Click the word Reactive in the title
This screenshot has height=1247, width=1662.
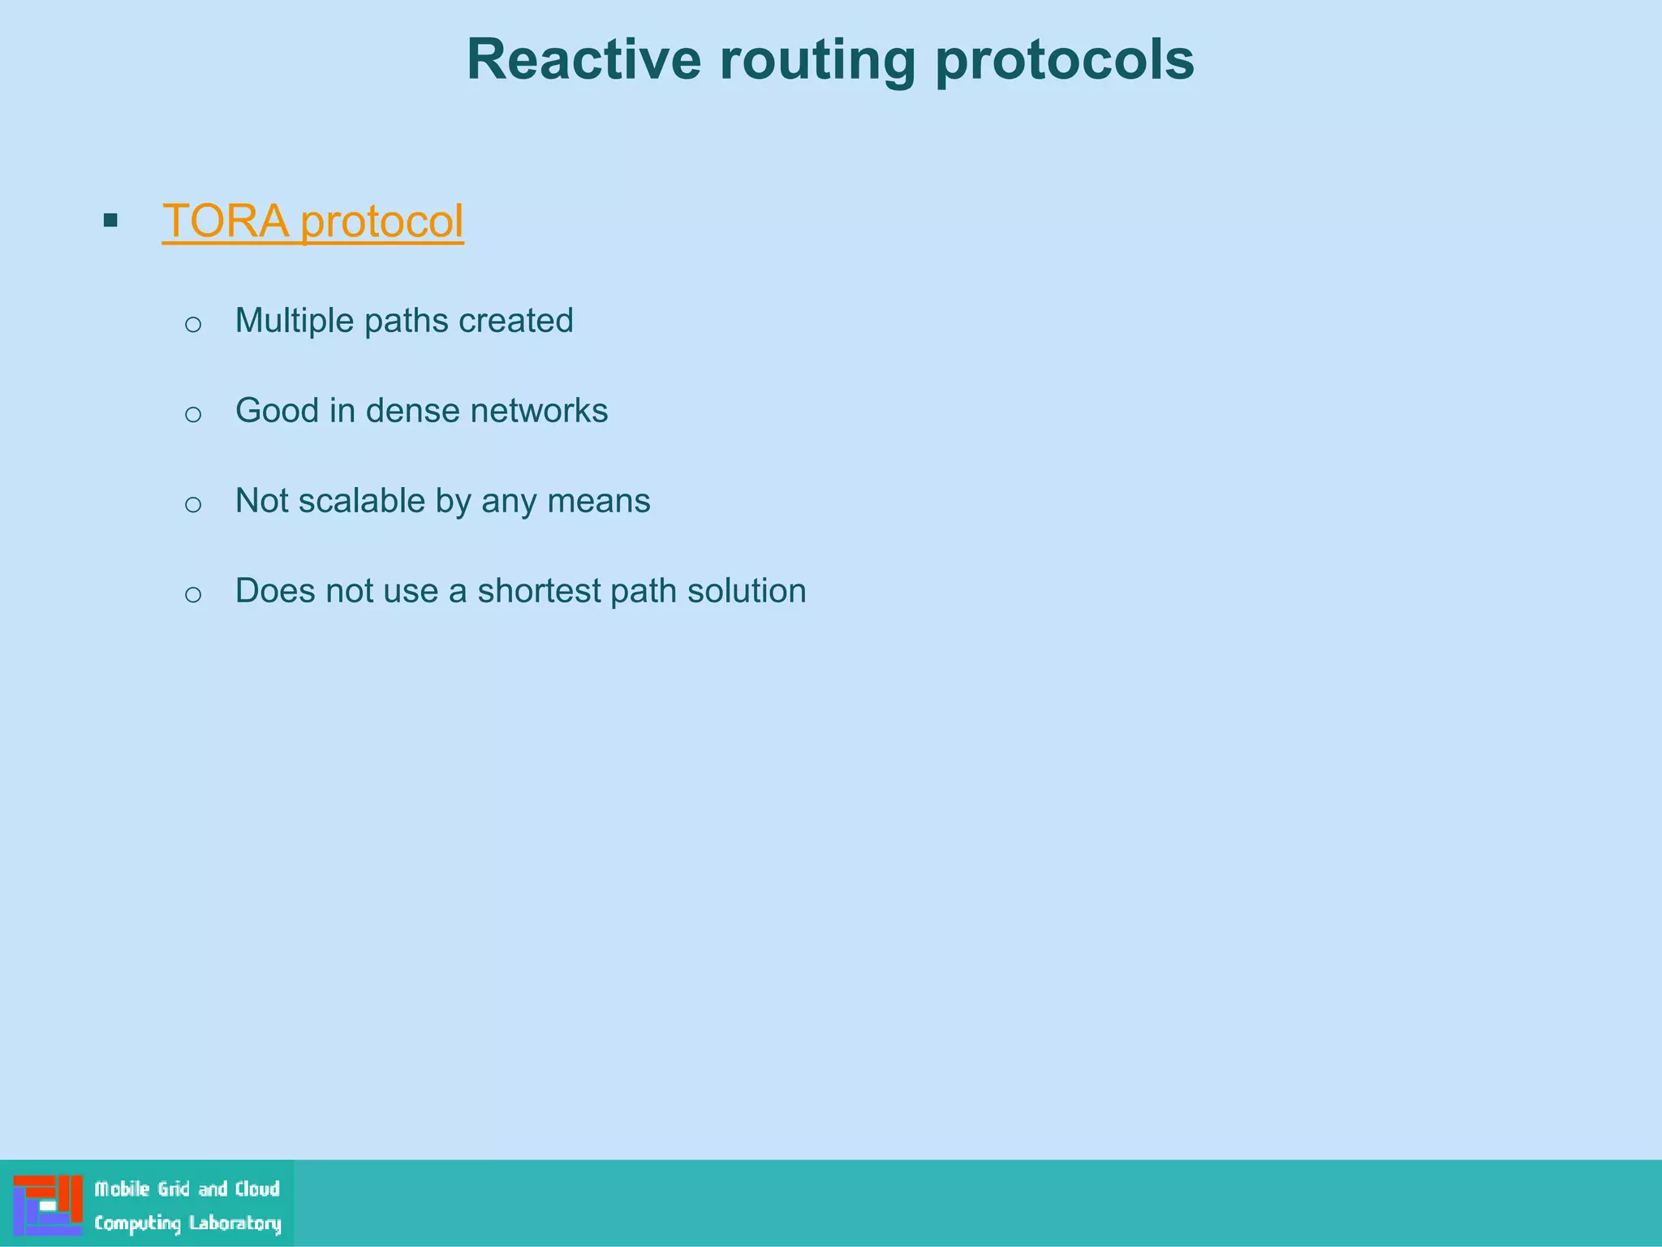pyautogui.click(x=583, y=59)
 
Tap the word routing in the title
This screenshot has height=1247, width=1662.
pyautogui.click(x=817, y=59)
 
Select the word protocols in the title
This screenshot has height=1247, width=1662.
pyautogui.click(x=1065, y=59)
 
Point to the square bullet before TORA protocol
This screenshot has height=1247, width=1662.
pyautogui.click(x=111, y=220)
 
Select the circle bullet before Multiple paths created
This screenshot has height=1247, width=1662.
pyautogui.click(x=193, y=325)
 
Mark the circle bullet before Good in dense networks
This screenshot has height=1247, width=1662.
pyautogui.click(x=193, y=415)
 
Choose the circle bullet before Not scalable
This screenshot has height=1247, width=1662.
pyautogui.click(x=193, y=505)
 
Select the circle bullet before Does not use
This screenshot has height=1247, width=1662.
pyautogui.click(x=193, y=595)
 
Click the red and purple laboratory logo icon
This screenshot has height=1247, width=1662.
pyautogui.click(x=48, y=1205)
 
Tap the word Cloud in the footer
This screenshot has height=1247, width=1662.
pyautogui.click(x=257, y=1189)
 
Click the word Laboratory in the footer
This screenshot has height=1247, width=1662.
pyautogui.click(x=235, y=1223)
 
